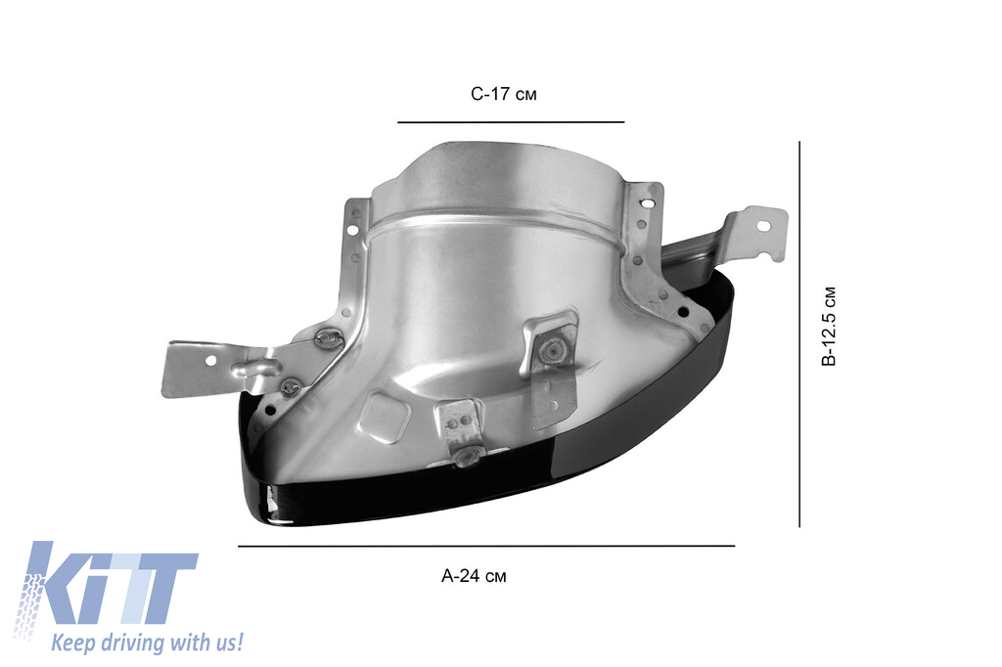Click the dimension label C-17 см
pos(504,95)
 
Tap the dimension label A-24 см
pos(474,576)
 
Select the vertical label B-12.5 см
pos(829,327)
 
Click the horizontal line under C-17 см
pos(510,122)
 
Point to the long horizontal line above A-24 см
pos(485,546)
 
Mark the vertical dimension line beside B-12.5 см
pos(799,333)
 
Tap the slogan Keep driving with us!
pos(147,643)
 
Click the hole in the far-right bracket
pos(764,226)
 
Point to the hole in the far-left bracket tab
pos(209,360)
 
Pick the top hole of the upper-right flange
pos(646,203)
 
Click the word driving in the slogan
pos(133,643)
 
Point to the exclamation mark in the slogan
pos(239,642)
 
